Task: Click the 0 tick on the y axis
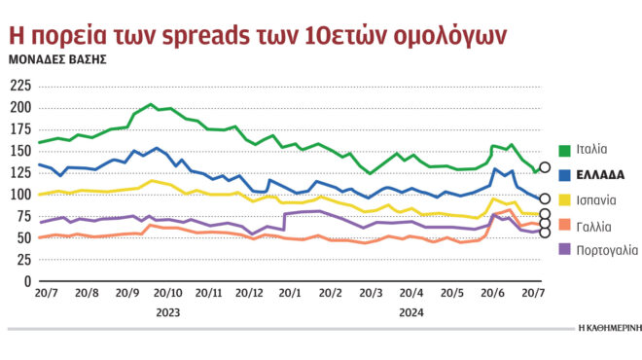27,282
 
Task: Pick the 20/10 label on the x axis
167,293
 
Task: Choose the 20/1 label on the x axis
290,293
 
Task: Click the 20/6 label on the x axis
492,293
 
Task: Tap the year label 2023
167,311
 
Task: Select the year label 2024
411,311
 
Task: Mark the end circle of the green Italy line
545,167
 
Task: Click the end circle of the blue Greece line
545,198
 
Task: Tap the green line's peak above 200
151,104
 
